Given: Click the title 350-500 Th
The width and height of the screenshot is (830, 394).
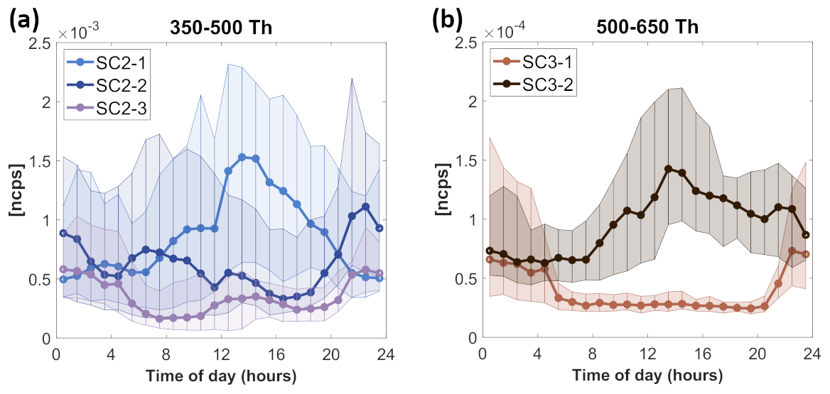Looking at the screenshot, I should click(x=221, y=28).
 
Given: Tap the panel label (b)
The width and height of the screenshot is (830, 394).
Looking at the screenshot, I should click(x=451, y=21).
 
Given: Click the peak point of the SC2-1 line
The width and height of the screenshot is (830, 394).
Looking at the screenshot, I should click(x=242, y=157).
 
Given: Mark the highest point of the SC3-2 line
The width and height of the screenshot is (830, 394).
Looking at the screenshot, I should click(x=668, y=169).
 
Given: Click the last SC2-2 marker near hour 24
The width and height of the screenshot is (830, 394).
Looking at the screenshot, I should click(x=379, y=228).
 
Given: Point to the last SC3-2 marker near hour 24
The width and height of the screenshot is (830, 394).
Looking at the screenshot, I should click(x=805, y=235).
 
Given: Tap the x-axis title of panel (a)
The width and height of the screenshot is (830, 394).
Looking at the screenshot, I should click(x=221, y=374).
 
